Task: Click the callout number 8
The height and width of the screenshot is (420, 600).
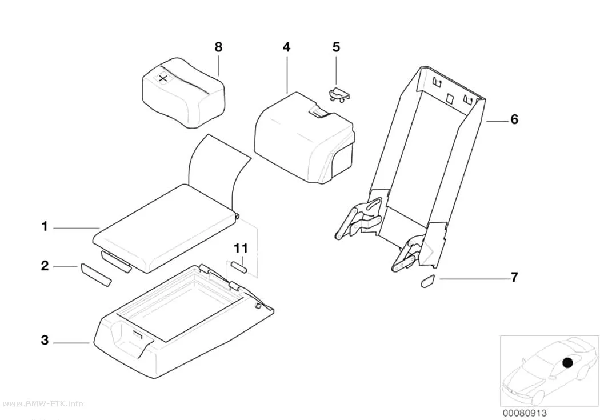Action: (x=218, y=47)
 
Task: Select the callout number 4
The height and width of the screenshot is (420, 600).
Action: (x=287, y=47)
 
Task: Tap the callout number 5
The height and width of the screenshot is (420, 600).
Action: (x=336, y=47)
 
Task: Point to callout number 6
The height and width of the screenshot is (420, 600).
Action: (x=514, y=119)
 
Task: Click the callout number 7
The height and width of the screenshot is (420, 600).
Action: (x=514, y=277)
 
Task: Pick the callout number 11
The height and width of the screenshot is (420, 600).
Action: (x=241, y=248)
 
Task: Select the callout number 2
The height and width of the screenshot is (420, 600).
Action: (x=45, y=266)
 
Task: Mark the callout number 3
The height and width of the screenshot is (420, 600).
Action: (x=45, y=339)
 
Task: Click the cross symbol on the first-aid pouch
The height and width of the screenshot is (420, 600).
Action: (x=163, y=79)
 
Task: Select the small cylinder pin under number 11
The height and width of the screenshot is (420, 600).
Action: (x=238, y=267)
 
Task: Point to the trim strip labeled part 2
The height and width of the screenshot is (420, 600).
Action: (x=95, y=275)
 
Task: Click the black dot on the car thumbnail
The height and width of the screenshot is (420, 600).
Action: (x=567, y=363)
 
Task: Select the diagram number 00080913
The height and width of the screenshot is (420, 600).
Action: (x=525, y=413)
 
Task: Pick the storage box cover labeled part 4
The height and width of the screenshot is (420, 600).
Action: (x=305, y=138)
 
